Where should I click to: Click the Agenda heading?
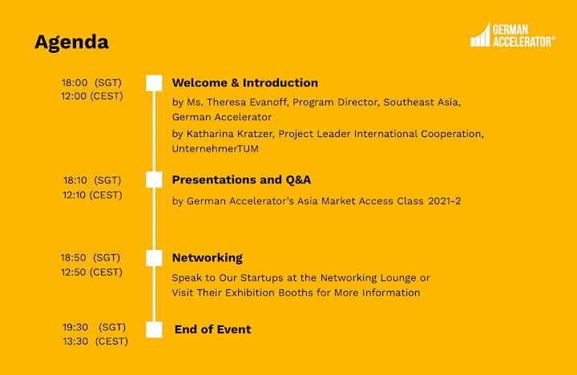coord(72,42)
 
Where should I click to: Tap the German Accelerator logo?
coord(513,35)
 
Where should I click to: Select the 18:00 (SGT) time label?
coord(91,83)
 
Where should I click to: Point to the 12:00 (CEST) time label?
coord(92,96)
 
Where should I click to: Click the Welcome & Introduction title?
coord(245,83)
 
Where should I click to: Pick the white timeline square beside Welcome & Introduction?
coord(154,83)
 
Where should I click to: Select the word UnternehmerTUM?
coord(216,149)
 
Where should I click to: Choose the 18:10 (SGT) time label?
coord(92,180)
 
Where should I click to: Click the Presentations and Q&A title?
coord(241,179)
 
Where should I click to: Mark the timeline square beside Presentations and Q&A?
coord(154,179)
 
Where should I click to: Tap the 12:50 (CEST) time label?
coord(91,272)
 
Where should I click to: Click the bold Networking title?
coord(208,258)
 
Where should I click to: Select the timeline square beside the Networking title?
coord(154,258)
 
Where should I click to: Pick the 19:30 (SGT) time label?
coord(95,327)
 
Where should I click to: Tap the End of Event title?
coord(212,329)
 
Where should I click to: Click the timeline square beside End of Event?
coord(154,329)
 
